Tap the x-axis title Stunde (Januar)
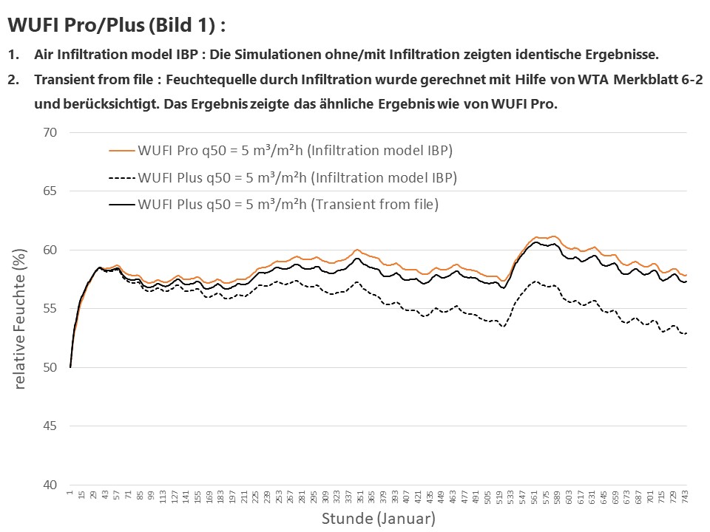click(x=378, y=519)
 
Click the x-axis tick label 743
click(x=686, y=497)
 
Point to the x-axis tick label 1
click(x=70, y=493)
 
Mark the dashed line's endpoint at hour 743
click(x=686, y=333)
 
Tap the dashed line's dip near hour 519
click(x=503, y=326)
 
